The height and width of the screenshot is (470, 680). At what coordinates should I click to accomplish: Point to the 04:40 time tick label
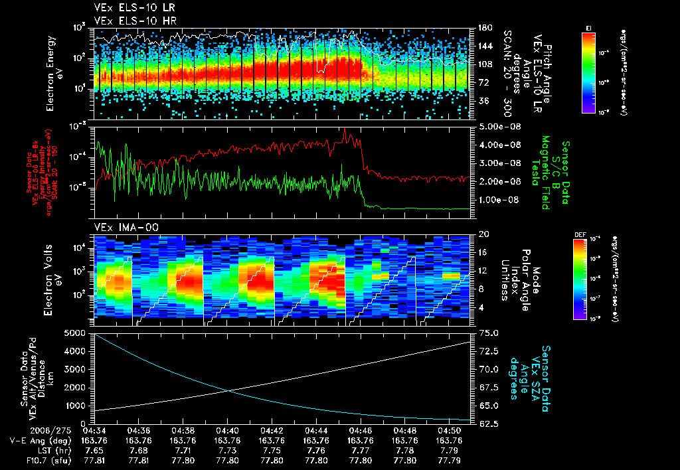(228, 430)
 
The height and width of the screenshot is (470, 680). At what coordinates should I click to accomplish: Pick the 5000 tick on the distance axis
(78, 332)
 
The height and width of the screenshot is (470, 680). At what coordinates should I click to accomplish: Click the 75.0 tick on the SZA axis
(488, 332)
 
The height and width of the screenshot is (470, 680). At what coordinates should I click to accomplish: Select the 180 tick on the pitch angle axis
(484, 27)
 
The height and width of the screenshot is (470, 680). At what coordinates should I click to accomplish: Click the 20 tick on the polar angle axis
(483, 234)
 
